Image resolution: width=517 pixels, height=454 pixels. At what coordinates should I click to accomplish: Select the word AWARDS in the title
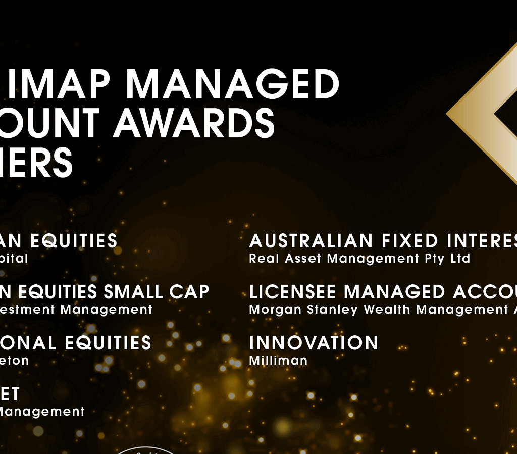[194, 123]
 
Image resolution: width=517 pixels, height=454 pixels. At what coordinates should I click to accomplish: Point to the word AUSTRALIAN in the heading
[312, 241]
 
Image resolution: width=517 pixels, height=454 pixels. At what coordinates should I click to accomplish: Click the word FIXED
[406, 241]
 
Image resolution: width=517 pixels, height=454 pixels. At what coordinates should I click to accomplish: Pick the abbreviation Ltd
[460, 259]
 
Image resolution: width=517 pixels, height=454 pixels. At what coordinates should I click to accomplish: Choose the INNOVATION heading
[314, 343]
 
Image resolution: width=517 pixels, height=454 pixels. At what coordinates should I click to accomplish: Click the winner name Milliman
[278, 361]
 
